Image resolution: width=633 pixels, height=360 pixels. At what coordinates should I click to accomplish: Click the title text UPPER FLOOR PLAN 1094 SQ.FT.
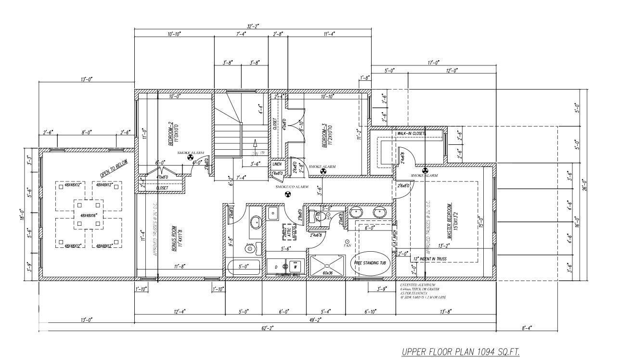[461, 352]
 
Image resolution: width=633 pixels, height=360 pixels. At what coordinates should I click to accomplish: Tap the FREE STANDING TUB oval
[373, 263]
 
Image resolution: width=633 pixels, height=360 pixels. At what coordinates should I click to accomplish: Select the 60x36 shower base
[328, 266]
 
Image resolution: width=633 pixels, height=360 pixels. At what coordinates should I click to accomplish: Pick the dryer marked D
[276, 266]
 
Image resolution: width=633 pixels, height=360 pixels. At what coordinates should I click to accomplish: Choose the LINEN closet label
[277, 164]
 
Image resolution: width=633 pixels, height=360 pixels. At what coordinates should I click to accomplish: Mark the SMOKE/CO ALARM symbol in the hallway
[288, 194]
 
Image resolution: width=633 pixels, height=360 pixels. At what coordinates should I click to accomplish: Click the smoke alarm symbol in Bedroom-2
[190, 157]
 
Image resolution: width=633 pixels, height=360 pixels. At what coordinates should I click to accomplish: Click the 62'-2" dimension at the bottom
[268, 328]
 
